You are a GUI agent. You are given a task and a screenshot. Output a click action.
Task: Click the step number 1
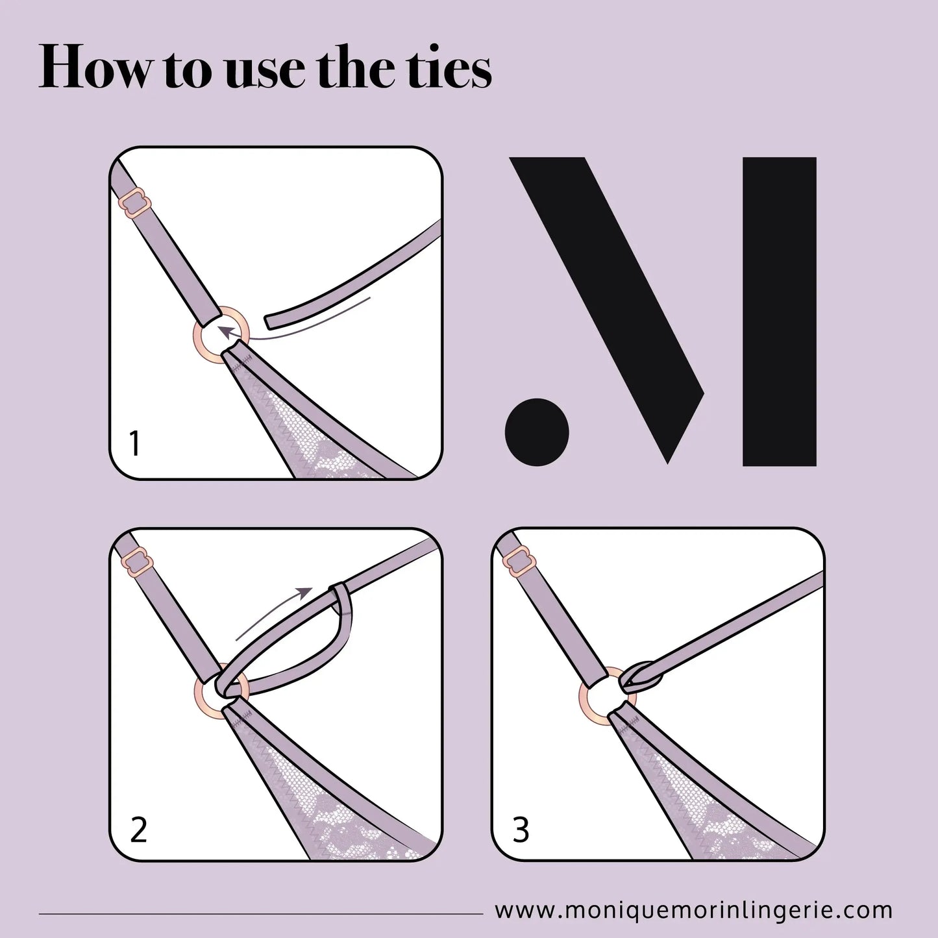click(136, 443)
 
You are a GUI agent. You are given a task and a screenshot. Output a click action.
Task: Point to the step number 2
click(139, 830)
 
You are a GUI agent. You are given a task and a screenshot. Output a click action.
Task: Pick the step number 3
click(521, 830)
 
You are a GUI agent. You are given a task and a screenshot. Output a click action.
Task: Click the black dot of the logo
click(537, 432)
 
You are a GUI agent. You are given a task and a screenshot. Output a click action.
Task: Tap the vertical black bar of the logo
click(780, 312)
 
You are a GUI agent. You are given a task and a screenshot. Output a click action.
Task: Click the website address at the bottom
click(693, 910)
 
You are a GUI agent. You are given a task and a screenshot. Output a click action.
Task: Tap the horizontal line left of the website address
click(261, 914)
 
